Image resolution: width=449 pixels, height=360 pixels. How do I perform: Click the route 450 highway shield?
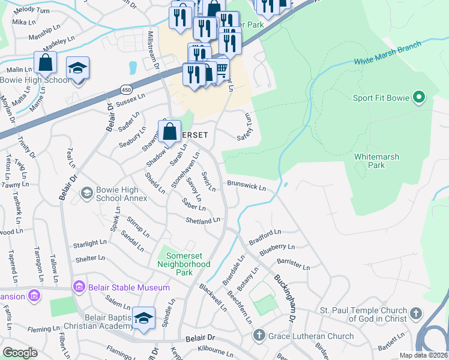pyautogui.click(x=126, y=88)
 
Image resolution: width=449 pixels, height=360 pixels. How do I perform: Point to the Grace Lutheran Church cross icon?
pyautogui.click(x=258, y=336)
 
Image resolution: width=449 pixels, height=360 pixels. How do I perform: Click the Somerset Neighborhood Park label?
pyautogui.click(x=184, y=260)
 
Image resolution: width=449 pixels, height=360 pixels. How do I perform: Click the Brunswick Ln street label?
pyautogui.click(x=246, y=187)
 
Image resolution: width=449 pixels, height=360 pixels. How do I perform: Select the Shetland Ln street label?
pyautogui.click(x=203, y=221)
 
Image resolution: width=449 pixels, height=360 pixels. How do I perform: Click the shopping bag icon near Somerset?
pyautogui.click(x=170, y=131)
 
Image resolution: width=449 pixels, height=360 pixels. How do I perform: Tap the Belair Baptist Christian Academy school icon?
pyautogui.click(x=144, y=318)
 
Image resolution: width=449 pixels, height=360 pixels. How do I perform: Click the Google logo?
pyautogui.click(x=20, y=353)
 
